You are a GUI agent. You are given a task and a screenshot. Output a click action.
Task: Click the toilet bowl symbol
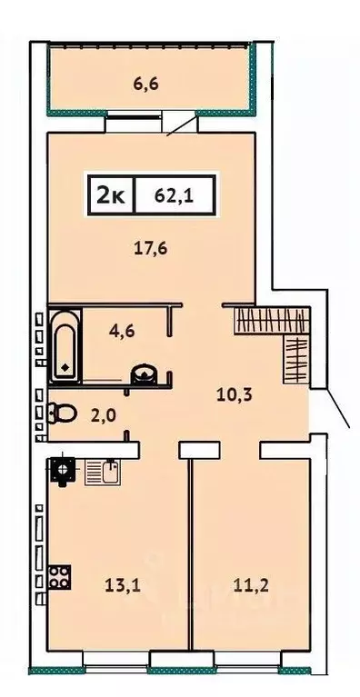click(x=63, y=414)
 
